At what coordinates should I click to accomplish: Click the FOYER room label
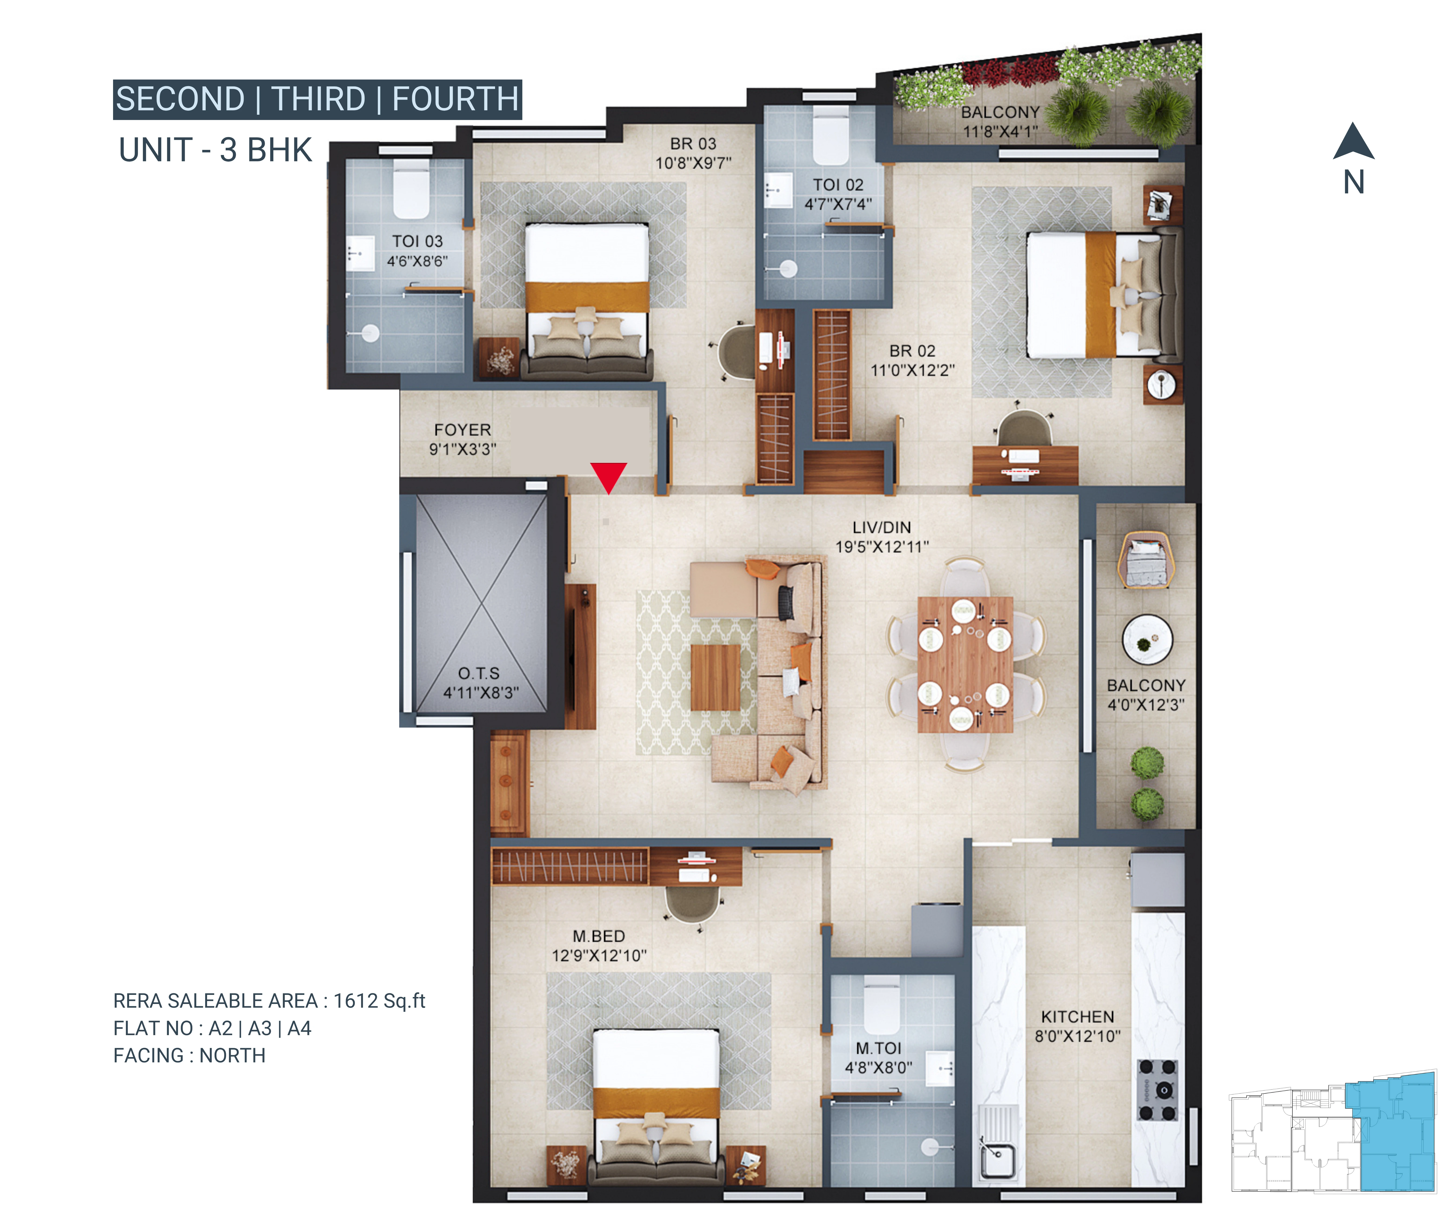tap(462, 430)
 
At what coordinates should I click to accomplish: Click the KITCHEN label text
tap(1077, 1017)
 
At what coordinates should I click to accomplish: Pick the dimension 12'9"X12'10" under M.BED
tap(599, 956)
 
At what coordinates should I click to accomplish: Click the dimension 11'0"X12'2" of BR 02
tap(913, 370)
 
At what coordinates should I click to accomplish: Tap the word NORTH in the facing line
tap(233, 1055)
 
